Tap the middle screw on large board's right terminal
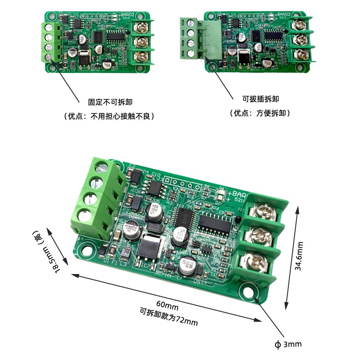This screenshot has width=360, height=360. [256, 234]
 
